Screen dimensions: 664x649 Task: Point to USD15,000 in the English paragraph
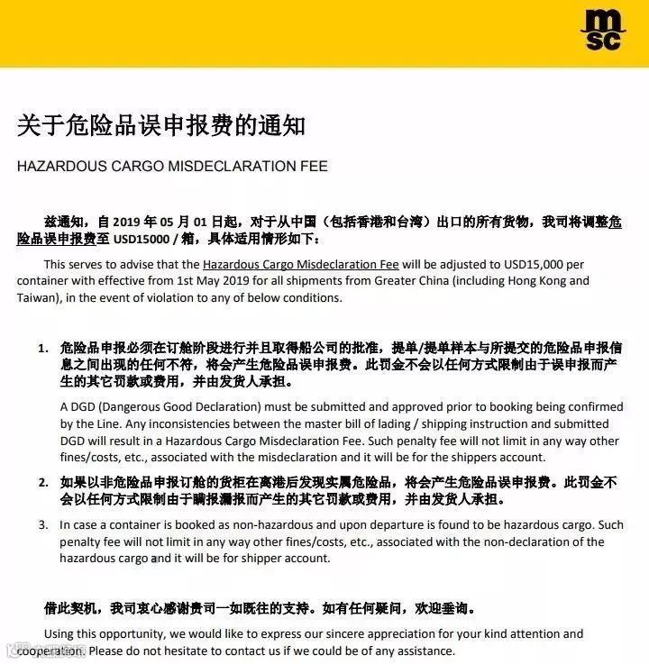click(535, 265)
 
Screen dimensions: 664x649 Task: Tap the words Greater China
click(434, 280)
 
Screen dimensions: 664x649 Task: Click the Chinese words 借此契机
click(70, 609)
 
